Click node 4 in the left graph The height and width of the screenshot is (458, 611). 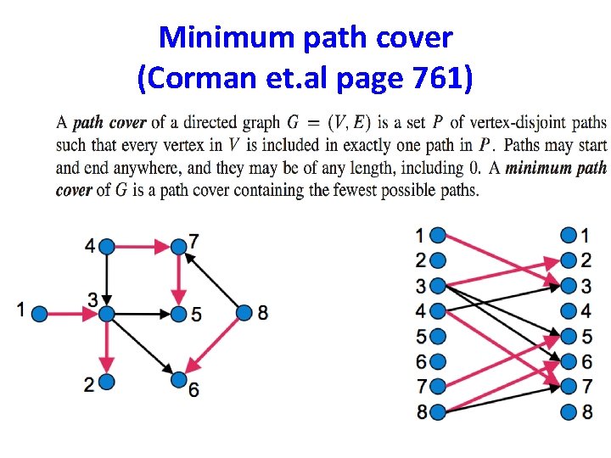coord(107,247)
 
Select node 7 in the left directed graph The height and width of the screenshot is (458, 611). coord(178,247)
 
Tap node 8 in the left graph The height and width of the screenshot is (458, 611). coord(244,313)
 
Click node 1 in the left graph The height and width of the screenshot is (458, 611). coord(38,314)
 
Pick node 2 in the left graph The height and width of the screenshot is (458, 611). coord(106,384)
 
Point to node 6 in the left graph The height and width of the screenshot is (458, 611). coord(178,379)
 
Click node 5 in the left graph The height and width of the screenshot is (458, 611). coord(178,315)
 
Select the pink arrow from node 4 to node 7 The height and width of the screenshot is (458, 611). coord(143,247)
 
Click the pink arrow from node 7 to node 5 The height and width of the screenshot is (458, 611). coord(178,280)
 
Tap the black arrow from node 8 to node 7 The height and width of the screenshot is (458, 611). coord(212,281)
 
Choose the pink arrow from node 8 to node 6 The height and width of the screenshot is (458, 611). coord(212,346)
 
